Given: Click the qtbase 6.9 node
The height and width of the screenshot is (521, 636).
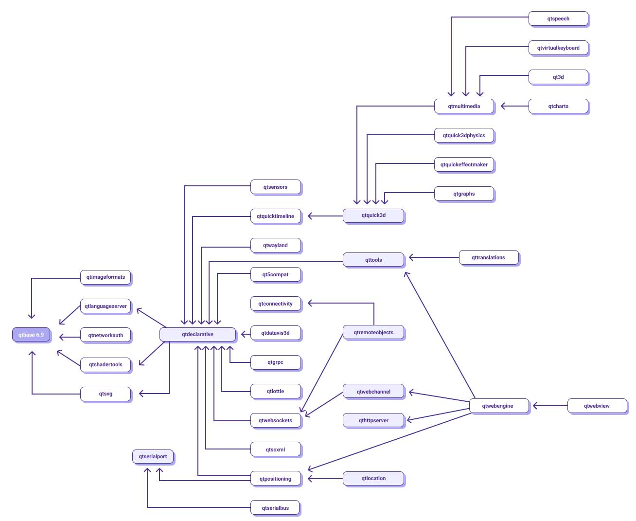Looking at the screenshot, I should point(31,335).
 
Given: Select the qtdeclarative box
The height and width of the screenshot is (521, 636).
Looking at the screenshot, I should point(197,334).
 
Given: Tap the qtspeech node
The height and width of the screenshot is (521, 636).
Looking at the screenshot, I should point(558,18).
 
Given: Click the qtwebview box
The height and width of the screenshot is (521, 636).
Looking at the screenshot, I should point(597,406).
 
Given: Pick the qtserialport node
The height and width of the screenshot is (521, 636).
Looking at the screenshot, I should point(153,456).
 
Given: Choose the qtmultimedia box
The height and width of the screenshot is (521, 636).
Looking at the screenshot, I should point(464,106).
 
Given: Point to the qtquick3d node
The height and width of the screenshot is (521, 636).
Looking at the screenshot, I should point(373,215).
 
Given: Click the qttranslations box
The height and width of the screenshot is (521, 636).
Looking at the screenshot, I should point(488,257).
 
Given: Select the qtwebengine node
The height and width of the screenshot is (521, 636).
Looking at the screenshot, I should point(497,406).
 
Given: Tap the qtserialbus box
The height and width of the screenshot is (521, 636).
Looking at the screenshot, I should point(275,508).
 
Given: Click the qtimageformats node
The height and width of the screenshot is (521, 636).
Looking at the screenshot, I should point(106,277).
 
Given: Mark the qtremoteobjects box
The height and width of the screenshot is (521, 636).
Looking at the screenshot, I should point(373,332).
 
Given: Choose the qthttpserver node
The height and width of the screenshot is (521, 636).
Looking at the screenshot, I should point(373,420).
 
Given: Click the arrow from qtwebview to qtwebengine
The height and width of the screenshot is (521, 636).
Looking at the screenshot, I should point(550,405).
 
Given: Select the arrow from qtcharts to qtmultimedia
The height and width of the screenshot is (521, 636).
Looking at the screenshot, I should point(514,106).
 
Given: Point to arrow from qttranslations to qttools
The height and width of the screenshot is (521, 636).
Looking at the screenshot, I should point(434,257).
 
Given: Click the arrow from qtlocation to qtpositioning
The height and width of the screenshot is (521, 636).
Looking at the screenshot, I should point(325,479).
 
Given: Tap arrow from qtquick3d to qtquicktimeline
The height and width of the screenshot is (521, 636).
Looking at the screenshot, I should point(325,216).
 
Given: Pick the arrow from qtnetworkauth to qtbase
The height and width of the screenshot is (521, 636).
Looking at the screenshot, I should point(70,337).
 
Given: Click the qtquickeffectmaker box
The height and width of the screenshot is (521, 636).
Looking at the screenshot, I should point(464,164).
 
